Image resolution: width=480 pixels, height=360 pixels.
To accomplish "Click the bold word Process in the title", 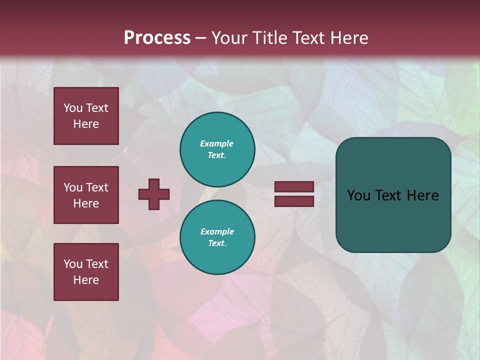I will click(157, 38).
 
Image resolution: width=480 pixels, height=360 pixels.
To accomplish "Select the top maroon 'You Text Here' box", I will click(86, 116).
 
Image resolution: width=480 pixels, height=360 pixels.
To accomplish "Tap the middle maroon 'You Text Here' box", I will click(86, 195).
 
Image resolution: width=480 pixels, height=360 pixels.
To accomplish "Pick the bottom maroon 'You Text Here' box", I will click(86, 272).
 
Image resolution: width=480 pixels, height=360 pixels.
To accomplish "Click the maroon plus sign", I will click(154, 194).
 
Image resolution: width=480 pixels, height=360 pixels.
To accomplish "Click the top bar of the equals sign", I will click(294, 186).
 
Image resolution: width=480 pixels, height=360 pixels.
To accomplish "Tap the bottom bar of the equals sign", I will click(294, 201).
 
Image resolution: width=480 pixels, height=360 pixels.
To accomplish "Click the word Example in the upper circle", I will click(217, 143).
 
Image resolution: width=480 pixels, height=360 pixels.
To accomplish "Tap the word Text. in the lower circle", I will click(217, 243).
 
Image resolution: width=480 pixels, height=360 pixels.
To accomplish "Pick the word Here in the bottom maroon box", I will click(86, 280).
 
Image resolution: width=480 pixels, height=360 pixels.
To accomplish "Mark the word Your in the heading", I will click(230, 38).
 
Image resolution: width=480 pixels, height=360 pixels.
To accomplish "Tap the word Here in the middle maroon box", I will click(86, 203).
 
